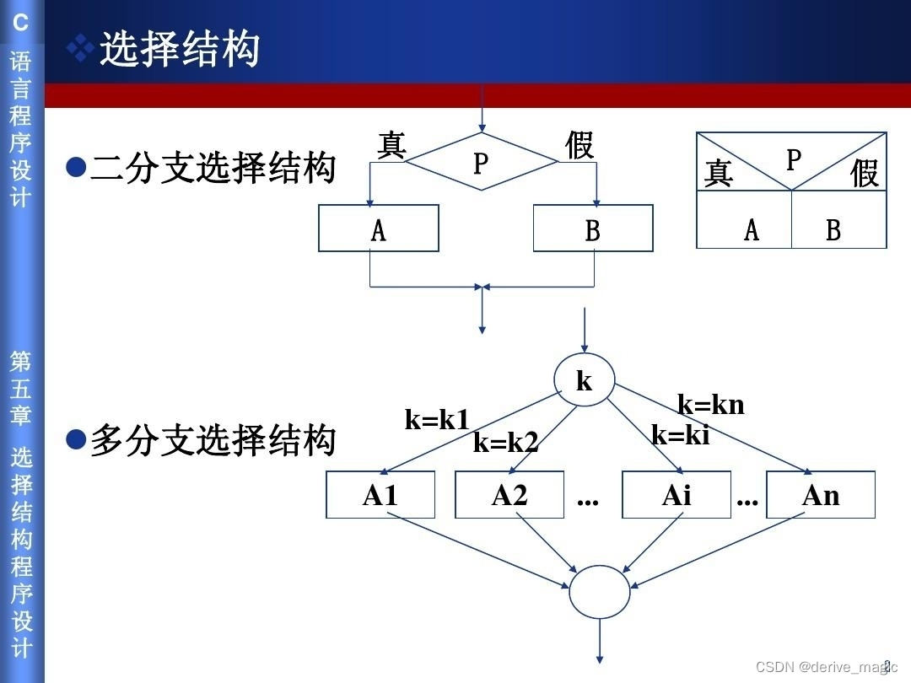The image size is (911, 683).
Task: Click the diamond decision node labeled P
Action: [481, 162]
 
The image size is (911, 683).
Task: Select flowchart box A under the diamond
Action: [379, 229]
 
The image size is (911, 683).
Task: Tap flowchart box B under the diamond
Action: [593, 229]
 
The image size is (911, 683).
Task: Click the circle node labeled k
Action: [584, 381]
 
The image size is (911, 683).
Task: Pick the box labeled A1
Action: [380, 495]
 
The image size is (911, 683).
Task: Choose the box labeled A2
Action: [509, 495]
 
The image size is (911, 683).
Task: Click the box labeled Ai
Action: [677, 495]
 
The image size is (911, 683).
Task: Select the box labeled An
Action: [821, 495]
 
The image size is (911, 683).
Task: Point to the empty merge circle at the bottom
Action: [599, 592]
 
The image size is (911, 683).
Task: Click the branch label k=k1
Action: [437, 419]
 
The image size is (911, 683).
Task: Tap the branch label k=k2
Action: [505, 442]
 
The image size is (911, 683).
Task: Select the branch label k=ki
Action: [681, 435]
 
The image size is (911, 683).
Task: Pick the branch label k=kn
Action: [711, 405]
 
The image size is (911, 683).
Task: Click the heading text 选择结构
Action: [179, 50]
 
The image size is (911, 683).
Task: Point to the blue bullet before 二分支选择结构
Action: [76, 167]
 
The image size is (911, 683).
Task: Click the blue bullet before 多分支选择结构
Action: [76, 438]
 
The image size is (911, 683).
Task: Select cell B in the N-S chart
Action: [833, 229]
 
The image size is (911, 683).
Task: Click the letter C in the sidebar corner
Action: [20, 23]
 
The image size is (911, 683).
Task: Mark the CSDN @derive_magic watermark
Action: [825, 667]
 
